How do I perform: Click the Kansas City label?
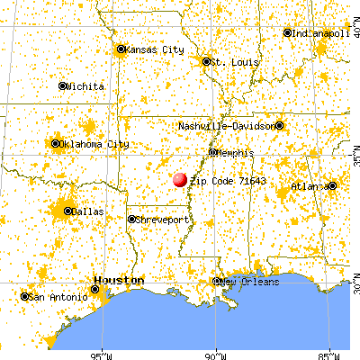point(155,49)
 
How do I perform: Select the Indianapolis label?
point(322,33)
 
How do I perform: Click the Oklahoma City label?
point(94,144)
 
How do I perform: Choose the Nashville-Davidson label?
point(230,126)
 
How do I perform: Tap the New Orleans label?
point(249,282)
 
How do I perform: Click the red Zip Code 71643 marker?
point(180,181)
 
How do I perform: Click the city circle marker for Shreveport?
point(131,219)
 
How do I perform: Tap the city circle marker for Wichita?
point(63,86)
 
